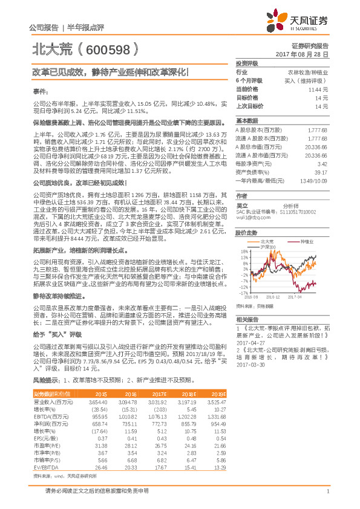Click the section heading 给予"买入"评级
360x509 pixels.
coord(57,334)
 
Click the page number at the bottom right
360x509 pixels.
coord(327,490)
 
